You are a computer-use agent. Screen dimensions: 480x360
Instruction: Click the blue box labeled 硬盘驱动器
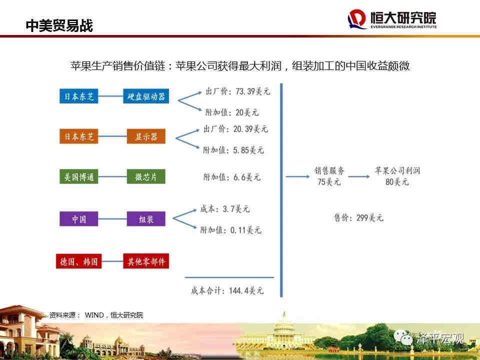pyautogui.click(x=145, y=96)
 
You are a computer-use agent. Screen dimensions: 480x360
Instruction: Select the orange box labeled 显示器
pyautogui.click(x=146, y=136)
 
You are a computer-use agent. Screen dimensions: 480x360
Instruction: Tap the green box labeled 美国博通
pyautogui.click(x=78, y=176)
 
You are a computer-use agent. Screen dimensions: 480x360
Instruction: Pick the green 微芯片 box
pyautogui.click(x=146, y=176)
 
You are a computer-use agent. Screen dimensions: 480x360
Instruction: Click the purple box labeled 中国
pyautogui.click(x=78, y=219)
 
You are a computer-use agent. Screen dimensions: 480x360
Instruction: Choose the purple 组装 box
pyautogui.click(x=146, y=219)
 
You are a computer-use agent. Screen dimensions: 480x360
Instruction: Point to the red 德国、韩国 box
pyautogui.click(x=78, y=261)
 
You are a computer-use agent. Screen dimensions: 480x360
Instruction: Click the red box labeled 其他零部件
pyautogui.click(x=145, y=261)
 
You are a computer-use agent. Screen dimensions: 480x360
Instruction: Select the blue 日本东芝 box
pyautogui.click(x=78, y=96)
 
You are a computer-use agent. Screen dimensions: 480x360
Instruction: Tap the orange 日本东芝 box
pyautogui.click(x=78, y=136)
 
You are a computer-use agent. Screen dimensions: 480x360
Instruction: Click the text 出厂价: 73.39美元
pyautogui.click(x=238, y=91)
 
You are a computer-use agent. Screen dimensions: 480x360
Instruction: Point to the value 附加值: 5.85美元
pyautogui.click(x=233, y=150)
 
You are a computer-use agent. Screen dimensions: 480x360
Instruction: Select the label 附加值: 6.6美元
pyautogui.click(x=231, y=177)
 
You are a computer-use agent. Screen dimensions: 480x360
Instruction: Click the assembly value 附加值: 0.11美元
pyautogui.click(x=231, y=230)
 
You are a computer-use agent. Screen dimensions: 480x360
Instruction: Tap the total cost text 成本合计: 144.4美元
pyautogui.click(x=227, y=290)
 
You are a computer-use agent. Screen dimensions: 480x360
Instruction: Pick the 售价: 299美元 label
pyautogui.click(x=358, y=217)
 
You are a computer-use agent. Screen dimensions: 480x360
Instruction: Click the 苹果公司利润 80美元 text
pyautogui.click(x=397, y=176)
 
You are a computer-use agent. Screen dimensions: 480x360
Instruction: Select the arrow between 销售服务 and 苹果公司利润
pyautogui.click(x=359, y=176)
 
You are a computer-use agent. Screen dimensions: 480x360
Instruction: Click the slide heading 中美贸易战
pyautogui.click(x=59, y=25)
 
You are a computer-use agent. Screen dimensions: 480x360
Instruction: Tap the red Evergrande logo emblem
pyautogui.click(x=357, y=19)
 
